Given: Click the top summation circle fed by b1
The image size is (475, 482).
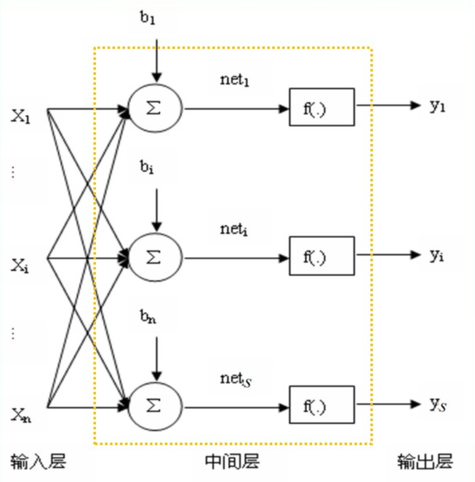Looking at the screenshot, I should [x=155, y=108].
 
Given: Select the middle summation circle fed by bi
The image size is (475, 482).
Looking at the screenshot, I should [x=155, y=257].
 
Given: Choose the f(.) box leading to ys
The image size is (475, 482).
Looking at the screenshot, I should [x=321, y=406].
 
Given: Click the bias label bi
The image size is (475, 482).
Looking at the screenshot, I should [x=147, y=168].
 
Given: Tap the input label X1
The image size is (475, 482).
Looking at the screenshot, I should [x=21, y=117].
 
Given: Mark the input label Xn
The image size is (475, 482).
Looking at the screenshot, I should [x=20, y=415].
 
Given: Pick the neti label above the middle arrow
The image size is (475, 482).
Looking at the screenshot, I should [x=234, y=229].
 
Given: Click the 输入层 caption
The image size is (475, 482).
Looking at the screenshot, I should [x=38, y=462].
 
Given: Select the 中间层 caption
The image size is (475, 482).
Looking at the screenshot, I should [x=232, y=462].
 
